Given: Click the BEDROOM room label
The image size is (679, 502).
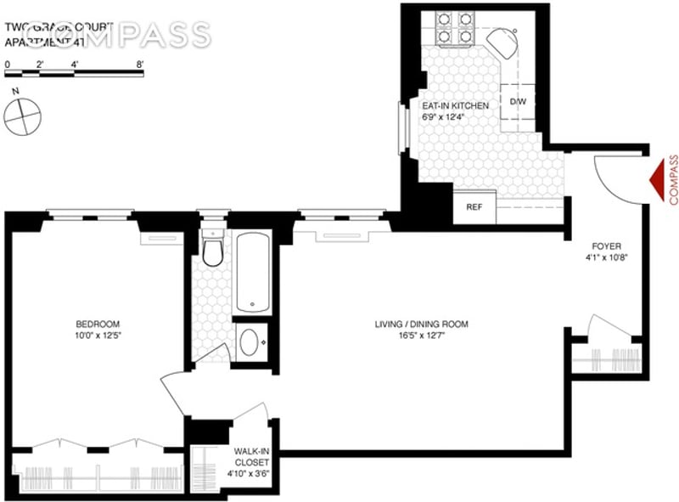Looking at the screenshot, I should [98, 324].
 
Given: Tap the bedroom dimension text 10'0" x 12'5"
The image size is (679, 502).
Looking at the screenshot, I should [98, 336].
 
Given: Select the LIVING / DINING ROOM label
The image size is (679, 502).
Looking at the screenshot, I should [422, 324].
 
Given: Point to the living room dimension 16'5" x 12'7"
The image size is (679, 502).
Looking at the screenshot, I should [422, 336].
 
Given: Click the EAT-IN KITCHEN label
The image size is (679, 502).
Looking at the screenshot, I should [456, 105].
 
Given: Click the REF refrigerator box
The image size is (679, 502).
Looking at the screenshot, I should [474, 206].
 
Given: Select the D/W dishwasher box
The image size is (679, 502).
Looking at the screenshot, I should [517, 102].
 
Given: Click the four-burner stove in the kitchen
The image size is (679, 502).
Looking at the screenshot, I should [455, 27].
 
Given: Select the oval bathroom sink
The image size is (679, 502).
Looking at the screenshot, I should [252, 342].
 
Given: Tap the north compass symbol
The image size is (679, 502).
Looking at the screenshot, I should [23, 114].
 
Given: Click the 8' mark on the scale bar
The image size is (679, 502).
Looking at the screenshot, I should [139, 65].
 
